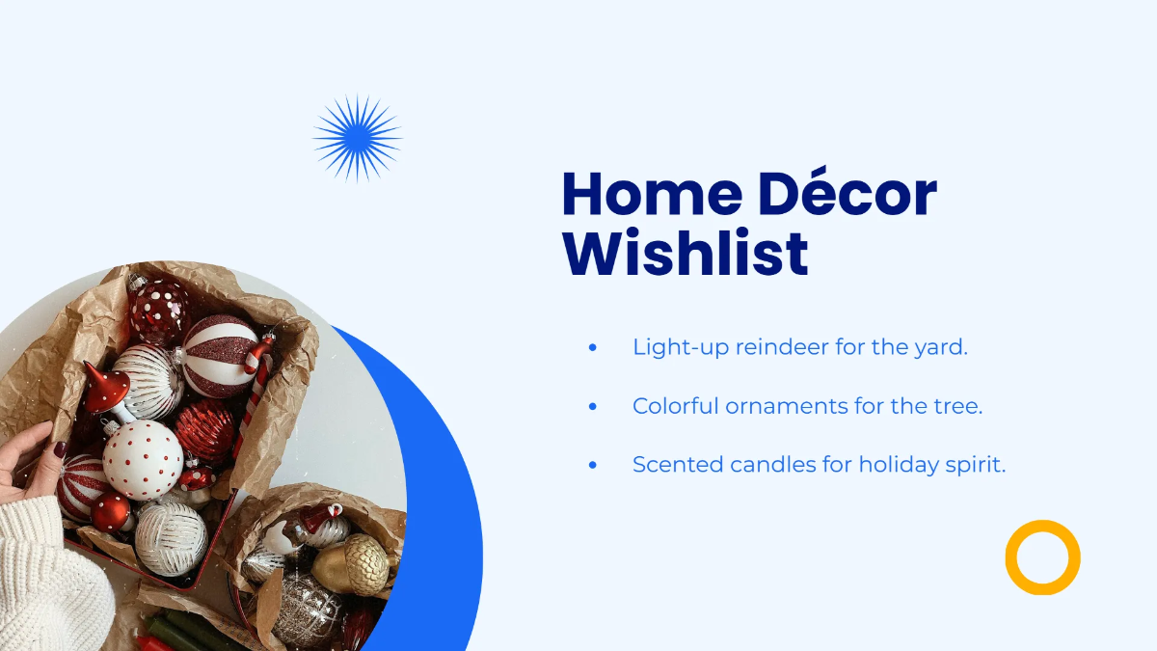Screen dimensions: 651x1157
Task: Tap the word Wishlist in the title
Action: (685, 253)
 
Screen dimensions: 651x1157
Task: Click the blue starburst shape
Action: (358, 139)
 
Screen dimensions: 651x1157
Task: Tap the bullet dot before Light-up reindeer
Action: (592, 347)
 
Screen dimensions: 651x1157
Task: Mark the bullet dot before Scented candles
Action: (592, 465)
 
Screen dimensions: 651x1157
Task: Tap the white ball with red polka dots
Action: (143, 459)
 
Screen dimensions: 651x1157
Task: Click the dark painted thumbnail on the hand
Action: (59, 449)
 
